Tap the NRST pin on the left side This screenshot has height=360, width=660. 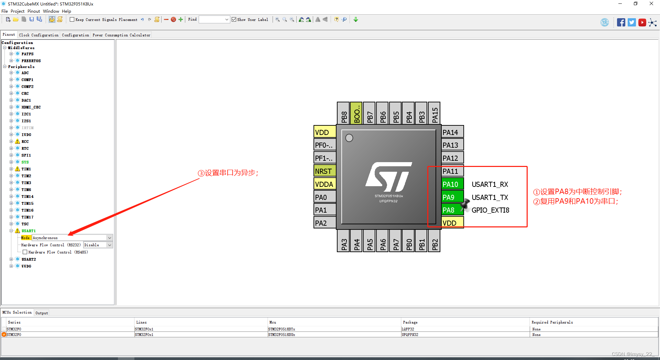(x=324, y=171)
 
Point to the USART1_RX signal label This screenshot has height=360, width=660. (x=489, y=184)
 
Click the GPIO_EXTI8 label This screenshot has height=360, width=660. (x=490, y=210)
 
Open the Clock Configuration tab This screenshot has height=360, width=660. (x=38, y=35)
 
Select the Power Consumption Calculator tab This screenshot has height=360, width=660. (x=121, y=35)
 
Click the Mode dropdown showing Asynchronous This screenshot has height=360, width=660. (x=72, y=238)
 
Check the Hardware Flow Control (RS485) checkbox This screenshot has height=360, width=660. (x=25, y=252)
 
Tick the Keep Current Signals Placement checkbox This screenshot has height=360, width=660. (x=72, y=20)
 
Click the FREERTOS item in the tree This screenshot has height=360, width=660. (x=31, y=61)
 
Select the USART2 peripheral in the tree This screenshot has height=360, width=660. (x=29, y=259)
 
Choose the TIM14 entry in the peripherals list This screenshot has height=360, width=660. (x=27, y=196)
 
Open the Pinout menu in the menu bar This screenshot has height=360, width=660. (x=34, y=11)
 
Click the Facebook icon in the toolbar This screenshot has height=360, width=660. (x=621, y=23)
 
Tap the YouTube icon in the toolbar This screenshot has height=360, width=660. (x=642, y=23)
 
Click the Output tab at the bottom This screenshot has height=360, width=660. (x=42, y=313)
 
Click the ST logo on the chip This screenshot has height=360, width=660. (x=389, y=177)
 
